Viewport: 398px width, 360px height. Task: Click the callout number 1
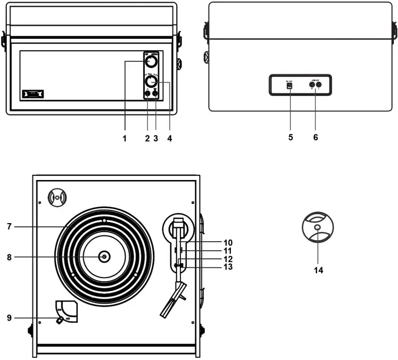point(125,138)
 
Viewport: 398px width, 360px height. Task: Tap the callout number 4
point(169,138)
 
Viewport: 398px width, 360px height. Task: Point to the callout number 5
point(290,137)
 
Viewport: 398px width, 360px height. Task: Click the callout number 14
point(318,270)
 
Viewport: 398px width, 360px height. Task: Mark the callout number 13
point(228,267)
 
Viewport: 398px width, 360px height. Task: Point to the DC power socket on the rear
point(290,86)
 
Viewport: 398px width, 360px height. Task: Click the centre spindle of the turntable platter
point(104,257)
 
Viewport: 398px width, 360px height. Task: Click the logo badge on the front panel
point(32,95)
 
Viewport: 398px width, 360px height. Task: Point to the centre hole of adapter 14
point(318,228)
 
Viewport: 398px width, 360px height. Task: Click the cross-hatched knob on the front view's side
point(179,65)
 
